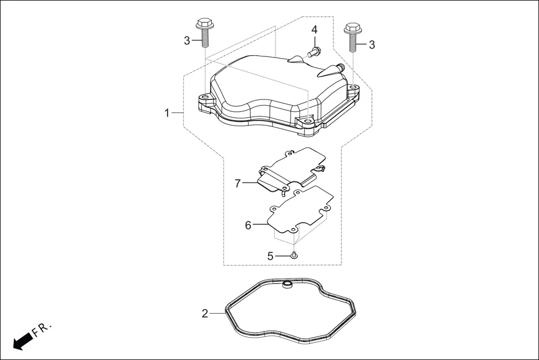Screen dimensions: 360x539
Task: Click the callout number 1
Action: (166, 113)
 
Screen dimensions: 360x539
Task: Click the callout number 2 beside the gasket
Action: (204, 314)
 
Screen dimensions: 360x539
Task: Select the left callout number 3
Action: (187, 40)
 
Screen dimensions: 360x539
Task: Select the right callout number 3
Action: (371, 44)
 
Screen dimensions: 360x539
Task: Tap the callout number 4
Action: (314, 29)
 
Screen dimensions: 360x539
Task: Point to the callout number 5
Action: (270, 256)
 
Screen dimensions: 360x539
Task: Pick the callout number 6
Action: (248, 225)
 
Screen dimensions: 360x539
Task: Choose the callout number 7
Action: (237, 183)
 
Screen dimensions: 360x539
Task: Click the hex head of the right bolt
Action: (351, 27)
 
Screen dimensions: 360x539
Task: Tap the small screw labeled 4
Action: (313, 52)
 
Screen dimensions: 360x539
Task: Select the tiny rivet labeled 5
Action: (294, 255)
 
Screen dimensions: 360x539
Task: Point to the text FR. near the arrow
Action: (42, 329)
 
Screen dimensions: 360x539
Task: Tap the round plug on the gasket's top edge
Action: (288, 286)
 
